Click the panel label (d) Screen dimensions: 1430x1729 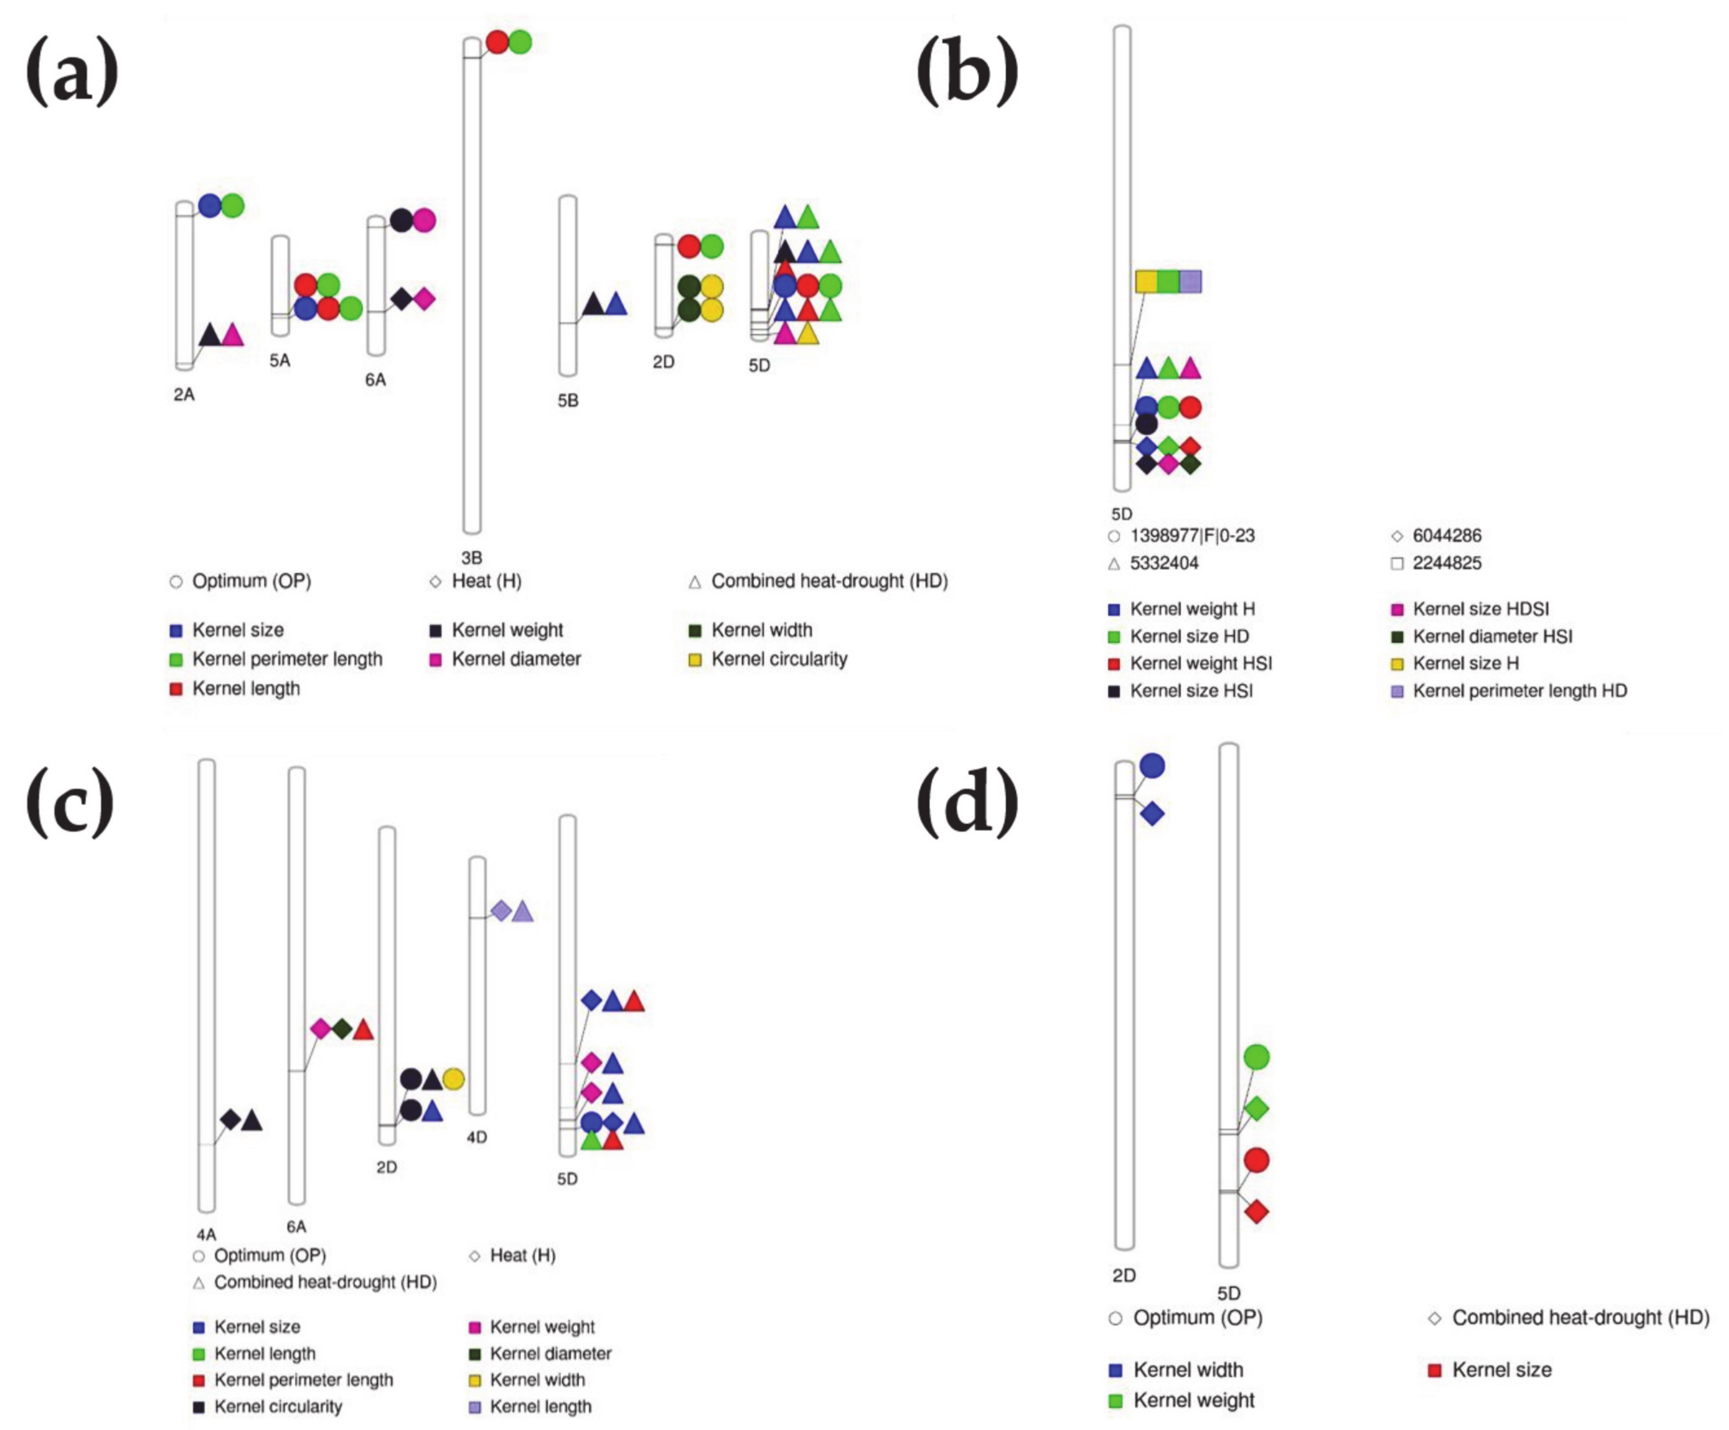967,803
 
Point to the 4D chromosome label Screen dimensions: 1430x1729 477,1137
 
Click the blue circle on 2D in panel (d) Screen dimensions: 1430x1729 1152,766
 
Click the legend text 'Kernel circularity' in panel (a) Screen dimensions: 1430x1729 779,659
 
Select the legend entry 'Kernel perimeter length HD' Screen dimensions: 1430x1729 1519,690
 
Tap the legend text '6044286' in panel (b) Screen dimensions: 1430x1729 1447,535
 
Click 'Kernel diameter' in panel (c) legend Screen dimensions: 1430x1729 550,1353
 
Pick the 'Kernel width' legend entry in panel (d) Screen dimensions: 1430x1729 1187,1370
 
